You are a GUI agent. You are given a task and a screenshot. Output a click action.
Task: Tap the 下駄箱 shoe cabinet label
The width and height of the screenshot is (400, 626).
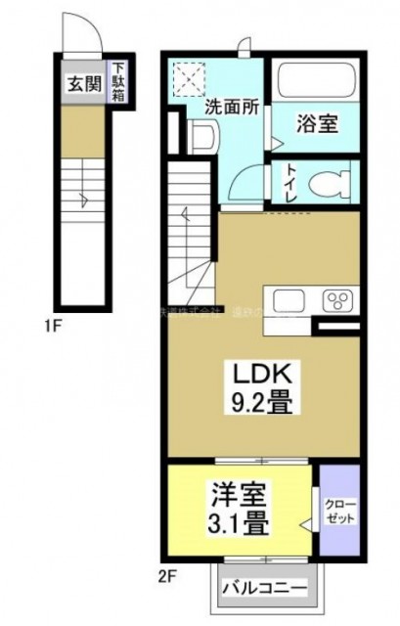click(117, 80)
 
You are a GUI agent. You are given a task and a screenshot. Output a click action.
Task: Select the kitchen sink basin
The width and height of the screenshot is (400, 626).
click(291, 300)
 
